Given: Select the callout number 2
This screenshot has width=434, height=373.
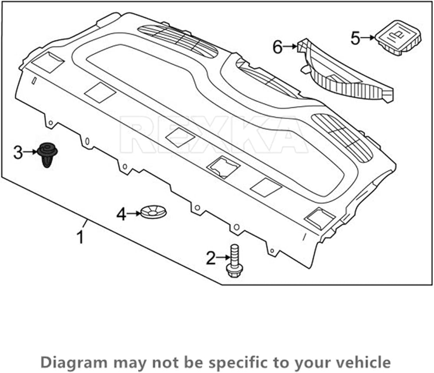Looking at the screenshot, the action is (x=211, y=258).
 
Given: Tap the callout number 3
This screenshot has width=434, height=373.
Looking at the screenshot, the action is (x=18, y=153).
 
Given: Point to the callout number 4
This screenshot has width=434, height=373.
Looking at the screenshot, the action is (x=121, y=214).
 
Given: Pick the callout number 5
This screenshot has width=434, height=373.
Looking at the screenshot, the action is (x=355, y=38).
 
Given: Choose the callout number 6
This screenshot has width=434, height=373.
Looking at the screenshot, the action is (x=277, y=47).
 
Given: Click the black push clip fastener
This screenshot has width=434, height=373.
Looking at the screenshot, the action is (x=47, y=155).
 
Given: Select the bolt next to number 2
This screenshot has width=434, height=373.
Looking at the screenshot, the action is (x=235, y=261).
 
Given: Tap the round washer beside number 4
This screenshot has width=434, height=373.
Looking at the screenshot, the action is (x=153, y=212).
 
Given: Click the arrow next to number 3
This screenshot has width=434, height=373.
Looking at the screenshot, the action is (x=30, y=152).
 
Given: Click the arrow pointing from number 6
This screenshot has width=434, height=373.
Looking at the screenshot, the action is (x=290, y=47).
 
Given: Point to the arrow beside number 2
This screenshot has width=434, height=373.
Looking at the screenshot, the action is (x=223, y=258).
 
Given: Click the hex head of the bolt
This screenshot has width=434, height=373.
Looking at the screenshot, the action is (x=235, y=270).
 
